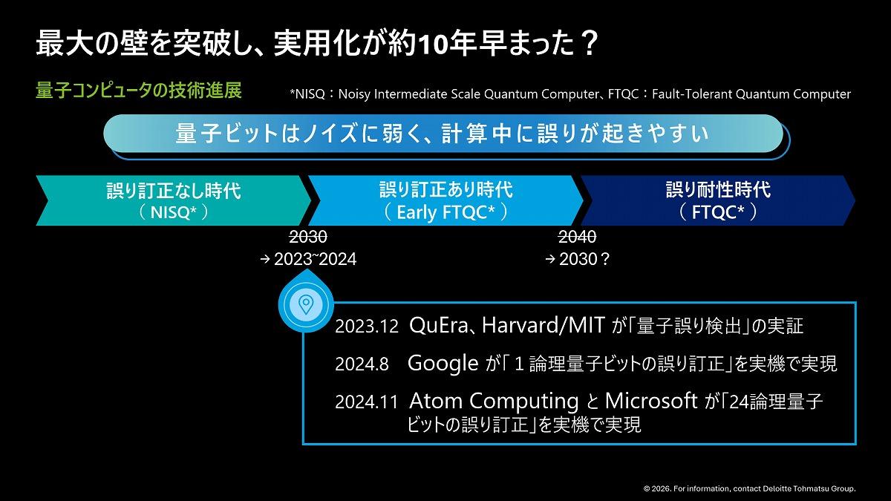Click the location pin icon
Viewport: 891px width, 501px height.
pos(306,304)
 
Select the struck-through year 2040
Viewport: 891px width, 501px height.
pos(577,237)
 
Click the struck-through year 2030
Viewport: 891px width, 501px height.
pos(308,237)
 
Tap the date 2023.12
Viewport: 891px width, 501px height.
pos(366,327)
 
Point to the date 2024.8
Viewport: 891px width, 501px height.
pos(362,364)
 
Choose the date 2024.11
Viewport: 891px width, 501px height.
pos(366,402)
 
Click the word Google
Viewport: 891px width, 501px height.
pos(443,364)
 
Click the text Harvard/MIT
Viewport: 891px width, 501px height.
pos(544,325)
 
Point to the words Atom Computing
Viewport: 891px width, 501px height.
pos(494,402)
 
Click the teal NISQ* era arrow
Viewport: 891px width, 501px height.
pos(174,200)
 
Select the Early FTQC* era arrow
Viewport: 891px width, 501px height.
pos(446,200)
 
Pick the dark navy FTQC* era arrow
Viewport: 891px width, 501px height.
pos(718,200)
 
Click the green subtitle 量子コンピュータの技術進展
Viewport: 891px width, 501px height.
pos(138,91)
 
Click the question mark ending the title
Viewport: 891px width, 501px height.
pos(587,44)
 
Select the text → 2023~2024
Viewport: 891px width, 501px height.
pos(308,259)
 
